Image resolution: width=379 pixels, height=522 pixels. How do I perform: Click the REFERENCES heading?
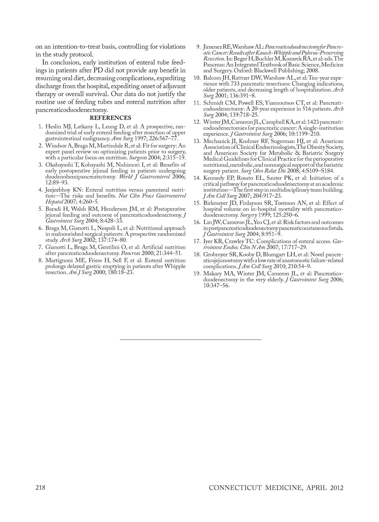(x=111, y=118)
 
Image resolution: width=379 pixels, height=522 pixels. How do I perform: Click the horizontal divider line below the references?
(x=190, y=339)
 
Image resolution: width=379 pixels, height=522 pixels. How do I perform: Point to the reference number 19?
(x=197, y=274)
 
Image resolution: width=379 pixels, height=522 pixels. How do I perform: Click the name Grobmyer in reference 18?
(x=216, y=254)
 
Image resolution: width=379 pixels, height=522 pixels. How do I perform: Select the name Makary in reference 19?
(x=212, y=274)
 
